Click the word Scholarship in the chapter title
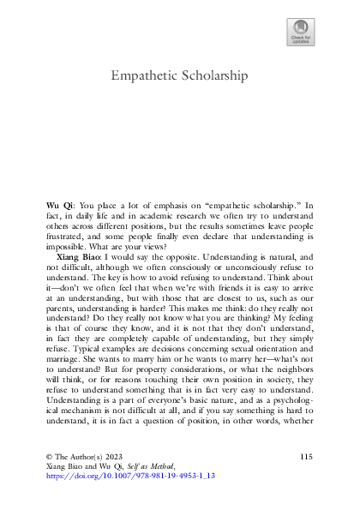pyautogui.click(x=214, y=76)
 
